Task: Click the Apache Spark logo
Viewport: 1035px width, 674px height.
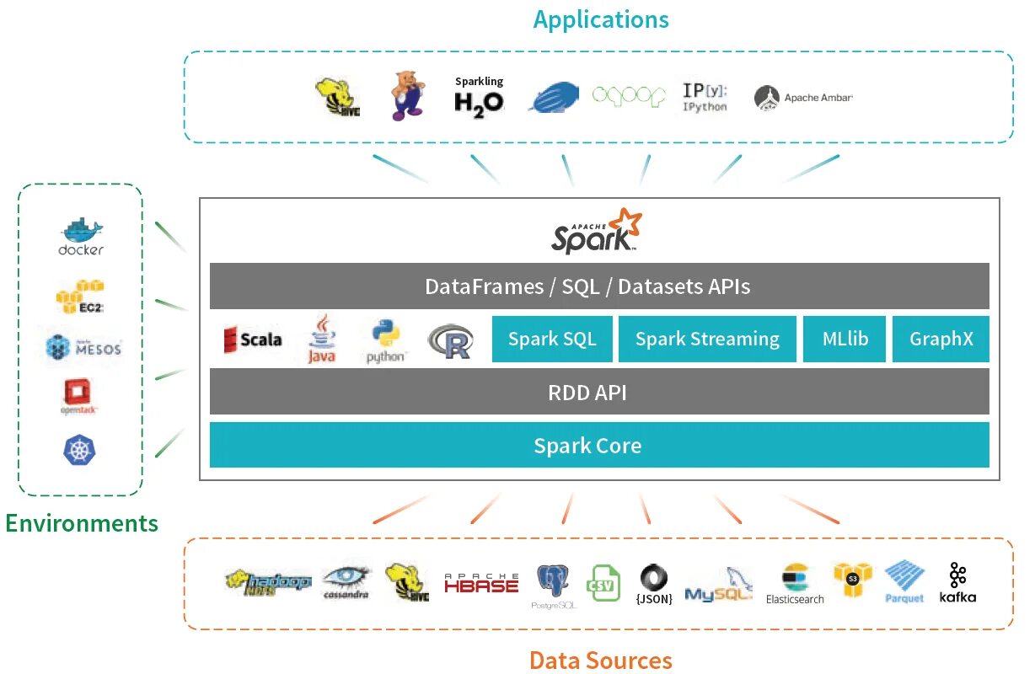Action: pos(597,231)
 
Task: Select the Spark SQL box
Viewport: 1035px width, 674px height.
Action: pos(552,340)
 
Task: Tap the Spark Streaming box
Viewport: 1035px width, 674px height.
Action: pos(707,340)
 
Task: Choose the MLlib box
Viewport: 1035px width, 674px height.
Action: pos(845,340)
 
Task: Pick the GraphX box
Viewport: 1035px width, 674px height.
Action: pos(941,340)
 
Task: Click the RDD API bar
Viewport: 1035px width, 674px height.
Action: pos(598,392)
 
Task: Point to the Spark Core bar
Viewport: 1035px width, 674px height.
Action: pos(598,445)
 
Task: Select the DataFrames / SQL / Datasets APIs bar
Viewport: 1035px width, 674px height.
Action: pos(598,286)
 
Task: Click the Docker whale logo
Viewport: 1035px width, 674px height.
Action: pos(81,237)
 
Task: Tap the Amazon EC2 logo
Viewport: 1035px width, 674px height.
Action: pos(80,296)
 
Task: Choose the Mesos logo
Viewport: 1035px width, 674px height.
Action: pos(83,347)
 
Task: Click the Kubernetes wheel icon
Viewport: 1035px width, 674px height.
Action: pos(80,449)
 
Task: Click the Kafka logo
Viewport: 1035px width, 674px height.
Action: pos(957,582)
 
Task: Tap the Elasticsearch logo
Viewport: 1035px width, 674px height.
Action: pos(795,584)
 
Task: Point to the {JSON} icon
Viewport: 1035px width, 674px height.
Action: pos(654,584)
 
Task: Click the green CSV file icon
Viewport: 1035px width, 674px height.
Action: pos(603,583)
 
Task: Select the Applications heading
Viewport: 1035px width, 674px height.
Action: pos(600,19)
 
